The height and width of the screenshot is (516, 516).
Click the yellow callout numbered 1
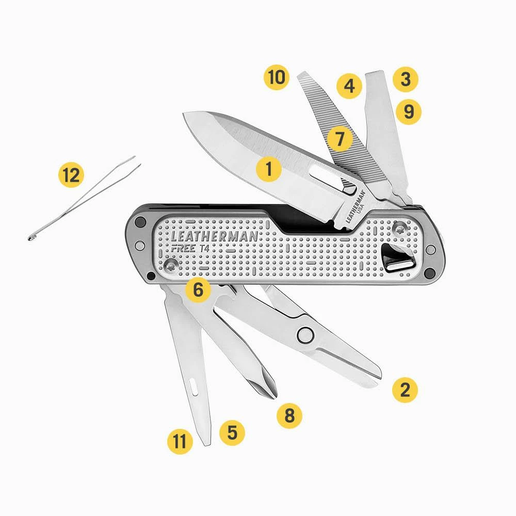269,169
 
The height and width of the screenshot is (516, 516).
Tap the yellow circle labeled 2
405,390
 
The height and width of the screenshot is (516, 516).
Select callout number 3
406,79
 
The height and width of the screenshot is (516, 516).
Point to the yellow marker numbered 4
349,86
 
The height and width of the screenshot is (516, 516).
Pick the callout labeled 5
232,432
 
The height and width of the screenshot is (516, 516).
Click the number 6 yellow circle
198,289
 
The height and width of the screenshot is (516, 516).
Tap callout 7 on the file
340,138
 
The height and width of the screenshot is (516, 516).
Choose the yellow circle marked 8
289,415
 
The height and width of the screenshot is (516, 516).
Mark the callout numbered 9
408,111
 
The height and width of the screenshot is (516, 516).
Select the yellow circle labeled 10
277,77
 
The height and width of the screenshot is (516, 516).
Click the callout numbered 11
180,441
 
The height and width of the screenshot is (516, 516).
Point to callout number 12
71,174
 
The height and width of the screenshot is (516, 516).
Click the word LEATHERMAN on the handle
214,236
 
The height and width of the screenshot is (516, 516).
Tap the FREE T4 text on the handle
190,249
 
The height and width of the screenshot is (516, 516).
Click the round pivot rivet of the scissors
305,335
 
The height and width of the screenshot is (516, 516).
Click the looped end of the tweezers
31,237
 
